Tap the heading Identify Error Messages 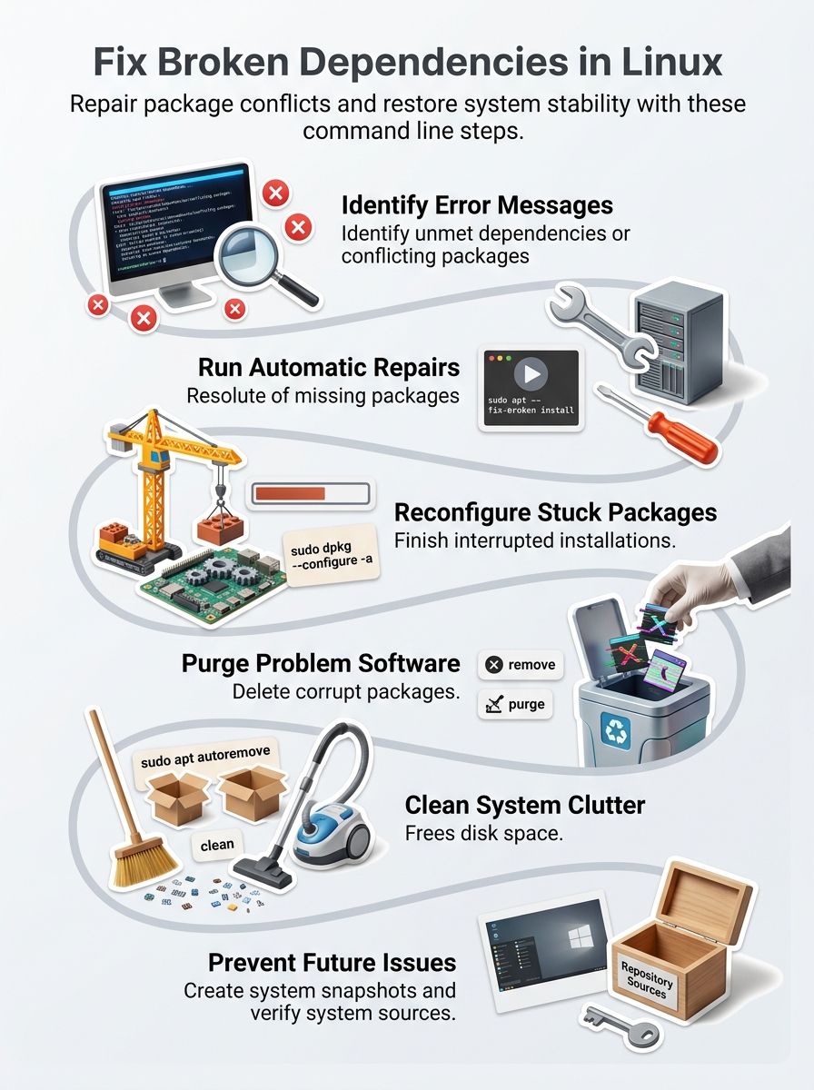[x=477, y=204]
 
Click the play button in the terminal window [x=531, y=373]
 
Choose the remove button [x=521, y=665]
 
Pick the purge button [x=515, y=704]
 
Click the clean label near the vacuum [x=217, y=846]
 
